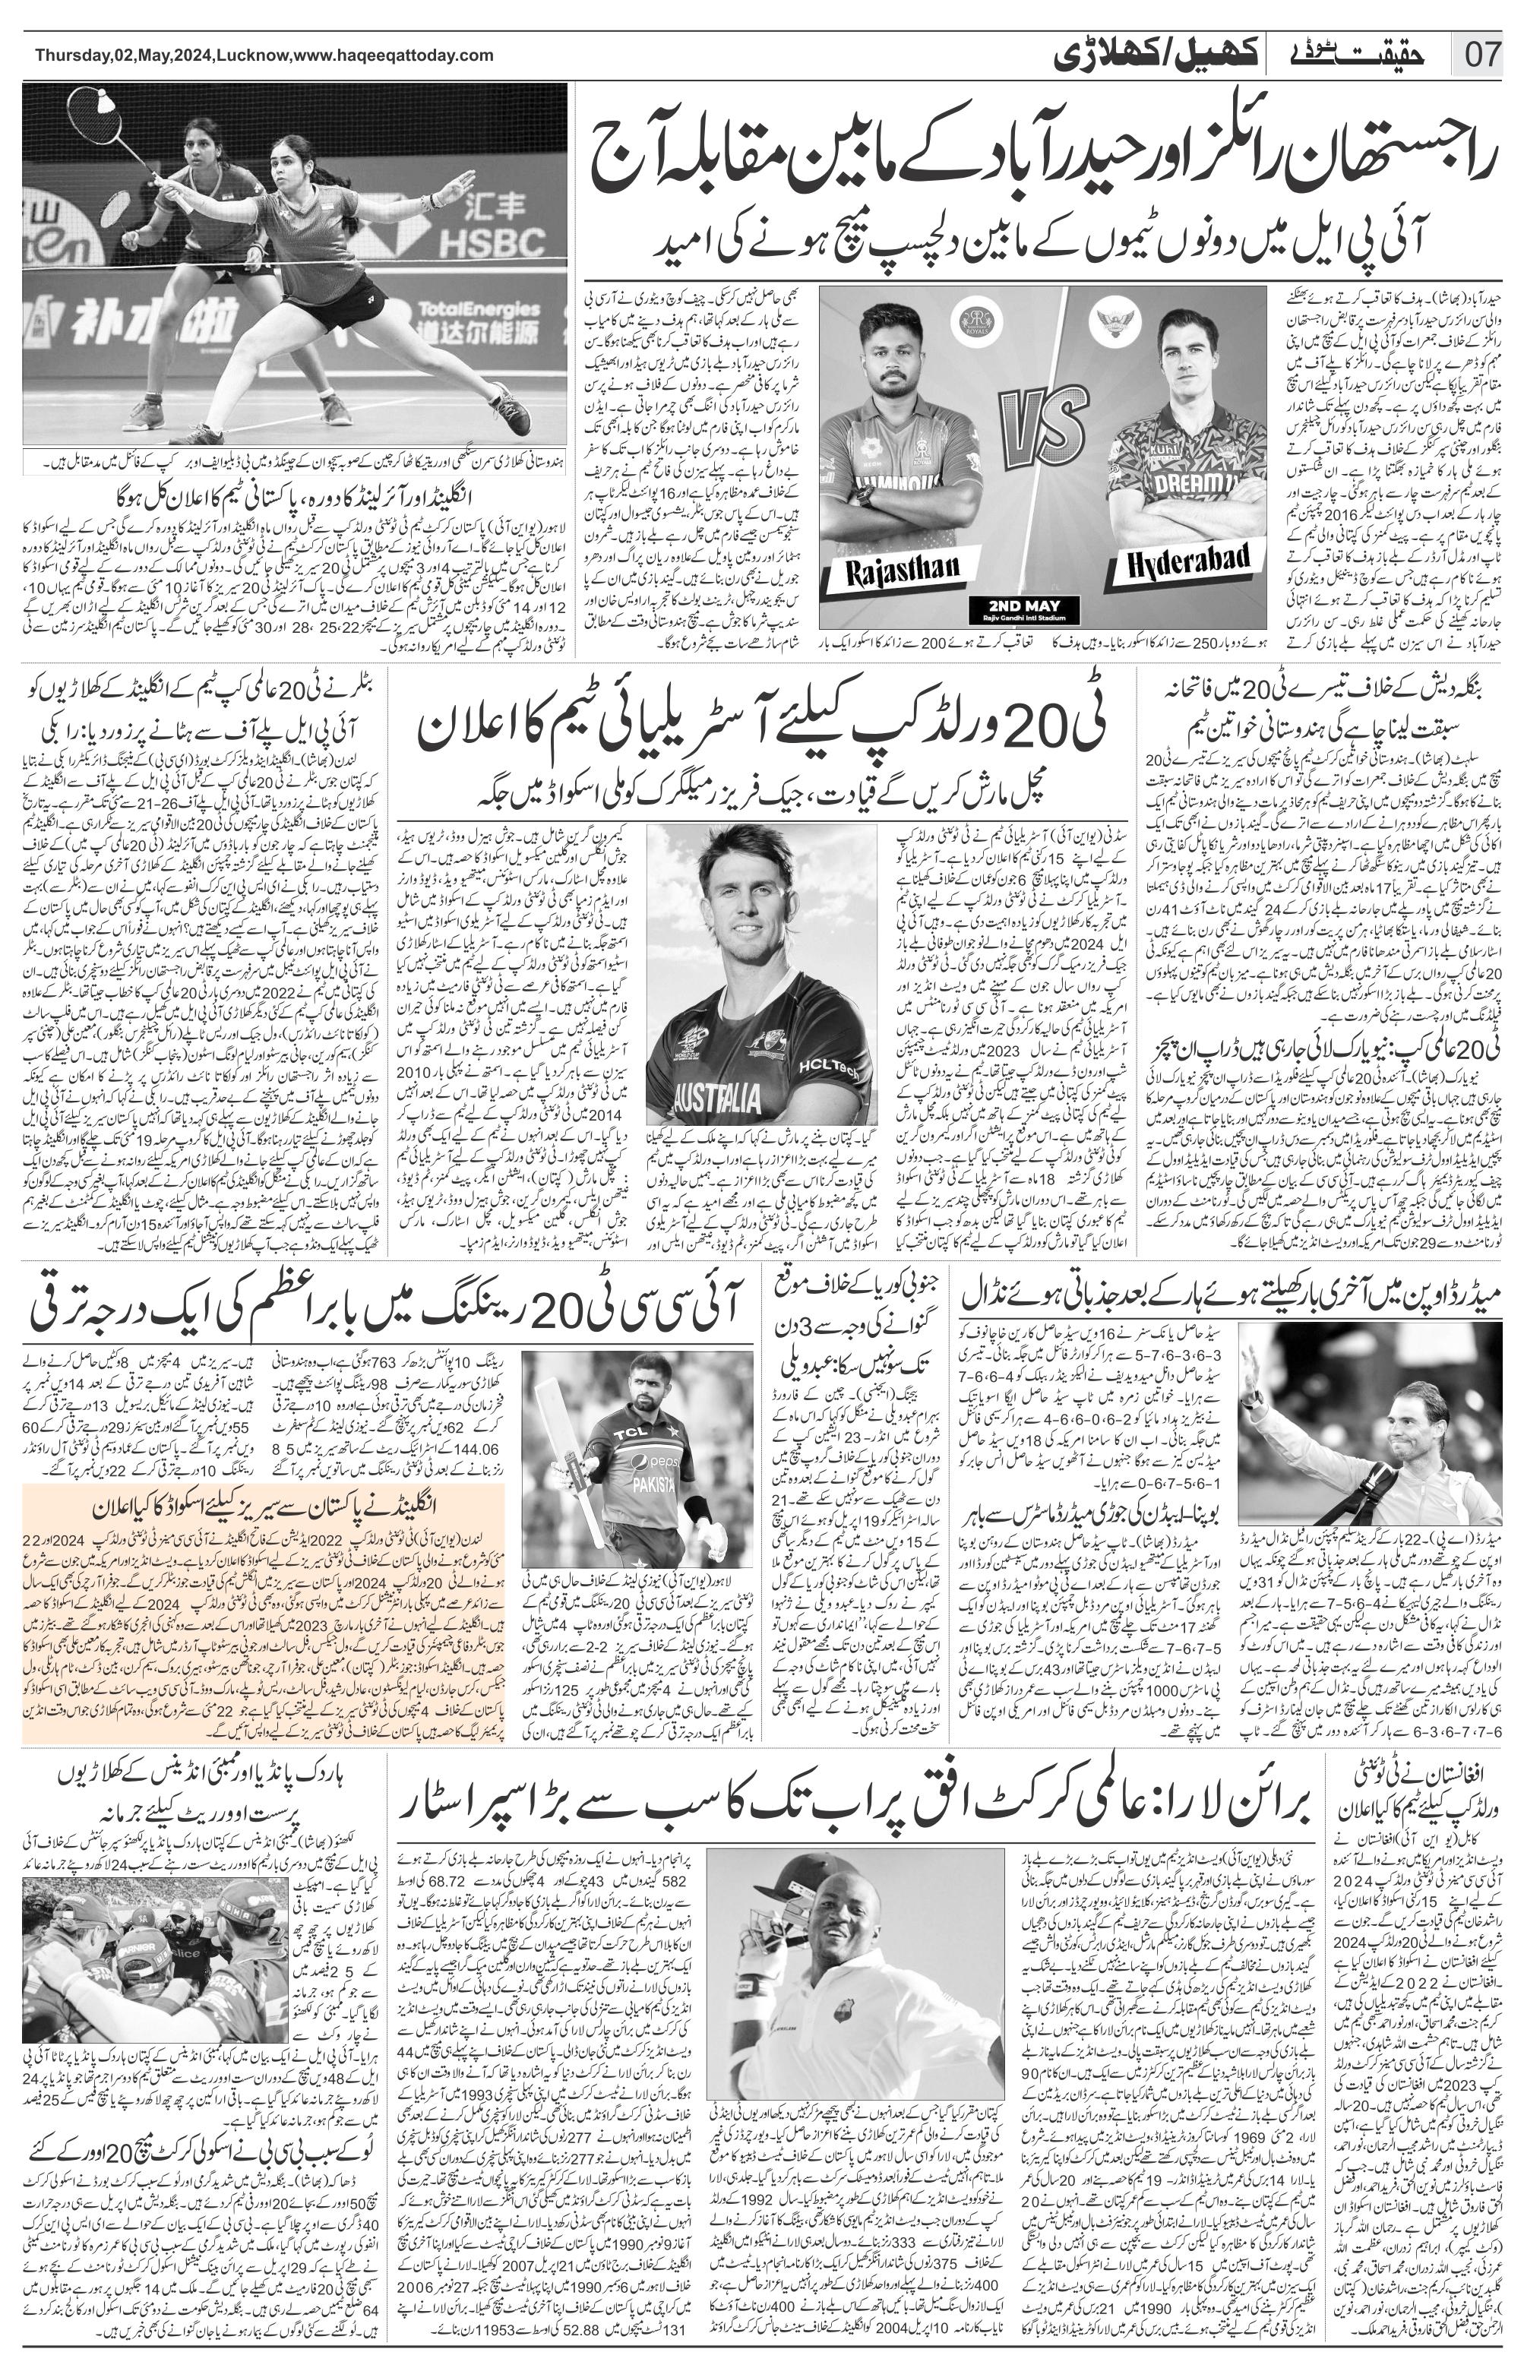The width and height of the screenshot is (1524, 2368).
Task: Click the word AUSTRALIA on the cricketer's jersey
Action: click(x=716, y=1095)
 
